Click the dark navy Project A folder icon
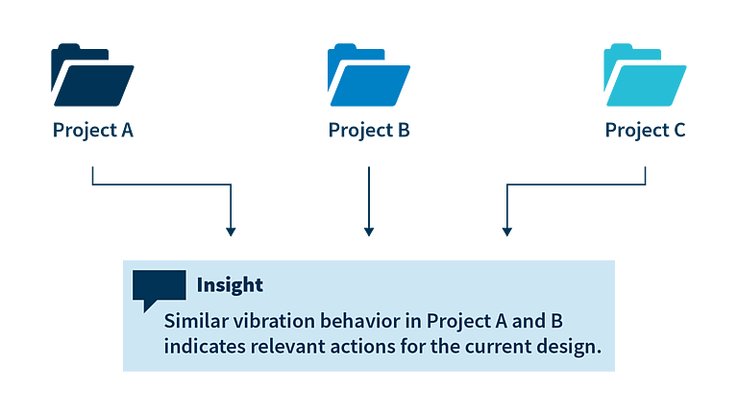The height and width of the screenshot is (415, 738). click(x=92, y=75)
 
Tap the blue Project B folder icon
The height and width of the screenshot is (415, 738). click(x=369, y=75)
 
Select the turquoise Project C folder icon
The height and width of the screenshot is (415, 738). click(x=645, y=75)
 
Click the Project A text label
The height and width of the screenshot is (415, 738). click(x=92, y=131)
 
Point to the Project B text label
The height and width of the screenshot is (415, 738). click(x=369, y=131)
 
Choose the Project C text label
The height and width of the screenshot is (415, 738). click(x=646, y=131)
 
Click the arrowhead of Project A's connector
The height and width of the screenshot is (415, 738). click(x=231, y=232)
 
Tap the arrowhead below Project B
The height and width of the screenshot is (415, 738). click(x=369, y=232)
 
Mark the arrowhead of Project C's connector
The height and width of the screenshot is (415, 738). click(x=507, y=232)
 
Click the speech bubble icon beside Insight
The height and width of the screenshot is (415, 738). click(x=160, y=288)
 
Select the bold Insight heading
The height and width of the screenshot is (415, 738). click(x=230, y=285)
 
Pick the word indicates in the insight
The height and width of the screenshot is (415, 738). click(x=205, y=347)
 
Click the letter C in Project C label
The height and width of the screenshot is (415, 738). click(x=679, y=130)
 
